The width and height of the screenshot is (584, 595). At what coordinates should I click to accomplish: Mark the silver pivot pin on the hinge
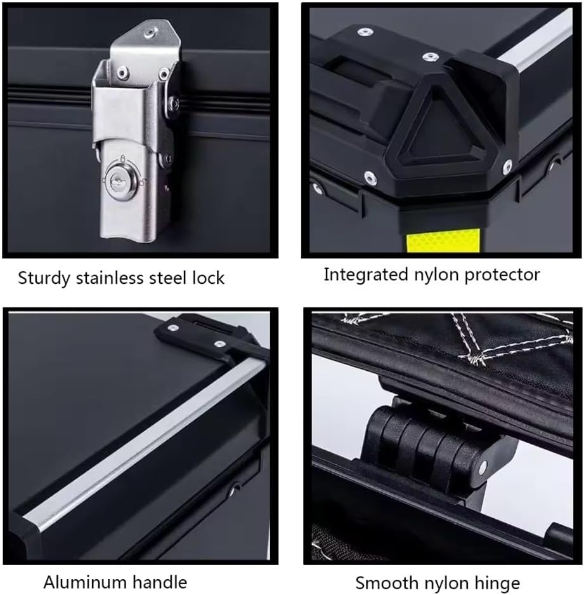click(484, 467)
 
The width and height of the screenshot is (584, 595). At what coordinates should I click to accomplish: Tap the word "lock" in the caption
click(209, 277)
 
